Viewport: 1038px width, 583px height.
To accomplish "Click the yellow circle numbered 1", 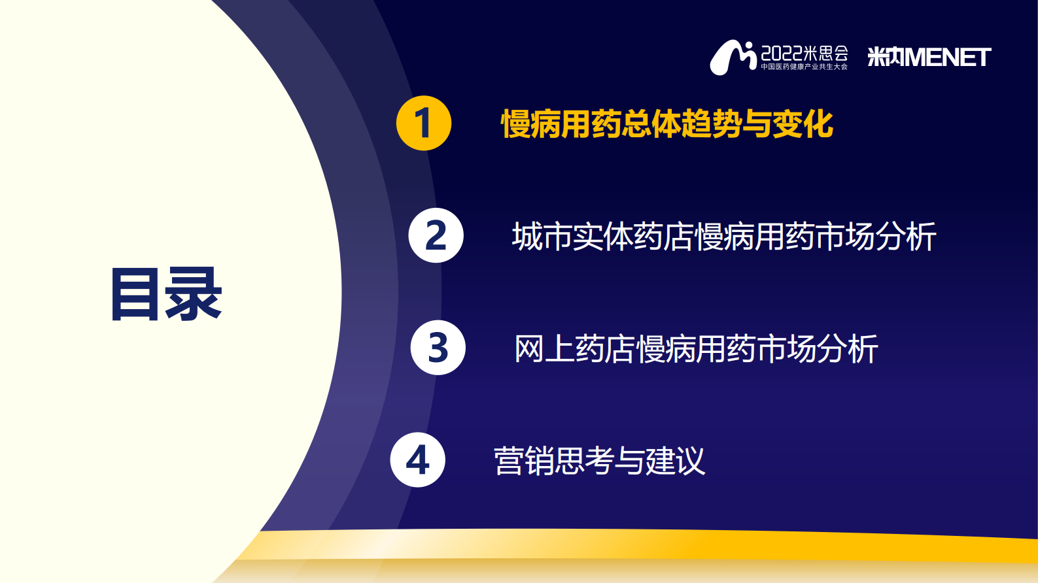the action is [424, 123].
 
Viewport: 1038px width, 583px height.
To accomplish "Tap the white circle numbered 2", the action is [436, 235].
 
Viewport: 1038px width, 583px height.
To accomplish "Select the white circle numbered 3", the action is [438, 347].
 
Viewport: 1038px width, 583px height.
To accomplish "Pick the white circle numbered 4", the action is [417, 460].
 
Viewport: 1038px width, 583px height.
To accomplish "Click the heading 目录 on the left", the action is [166, 294].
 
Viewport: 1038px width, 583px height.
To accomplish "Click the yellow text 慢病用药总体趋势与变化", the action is [667, 124].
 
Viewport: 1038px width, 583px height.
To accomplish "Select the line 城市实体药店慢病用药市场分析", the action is [724, 237].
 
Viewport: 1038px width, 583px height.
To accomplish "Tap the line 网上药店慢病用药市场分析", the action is [696, 348].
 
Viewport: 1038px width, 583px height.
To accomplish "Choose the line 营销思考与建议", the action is [599, 461].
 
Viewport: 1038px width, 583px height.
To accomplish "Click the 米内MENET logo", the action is [929, 57].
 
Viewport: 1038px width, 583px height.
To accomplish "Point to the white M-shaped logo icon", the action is [733, 58].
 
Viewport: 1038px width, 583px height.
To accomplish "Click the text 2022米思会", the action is [804, 53].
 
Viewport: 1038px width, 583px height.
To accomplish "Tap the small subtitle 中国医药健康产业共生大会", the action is [804, 67].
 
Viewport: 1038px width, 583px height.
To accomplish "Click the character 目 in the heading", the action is [135, 294].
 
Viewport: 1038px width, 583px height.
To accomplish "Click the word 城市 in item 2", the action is [542, 237].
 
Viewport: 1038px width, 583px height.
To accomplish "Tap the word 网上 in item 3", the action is [544, 348].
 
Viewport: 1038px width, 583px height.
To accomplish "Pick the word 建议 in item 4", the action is [675, 461].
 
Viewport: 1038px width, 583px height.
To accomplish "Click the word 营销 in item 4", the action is [524, 461].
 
